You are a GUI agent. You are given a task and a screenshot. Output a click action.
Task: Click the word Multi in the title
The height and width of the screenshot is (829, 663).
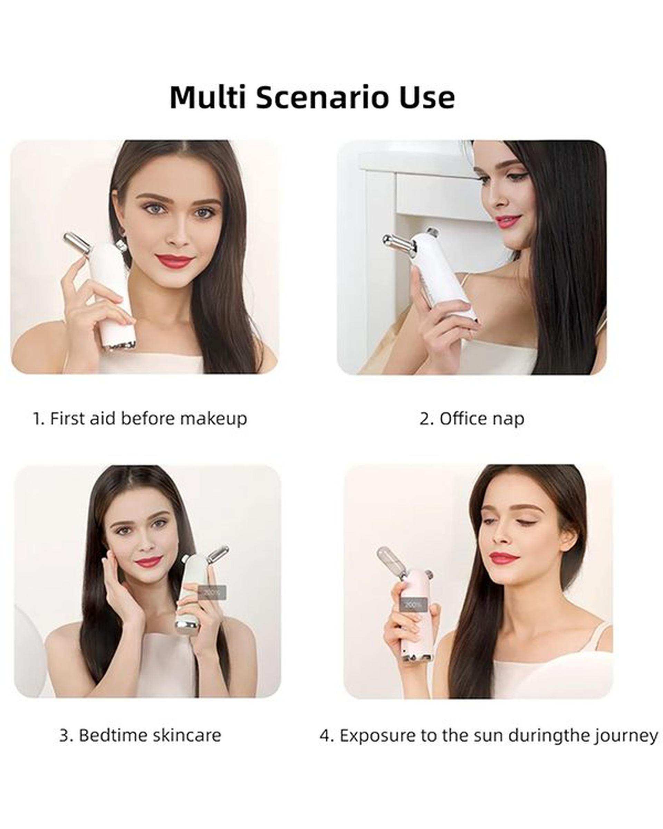click(208, 97)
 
